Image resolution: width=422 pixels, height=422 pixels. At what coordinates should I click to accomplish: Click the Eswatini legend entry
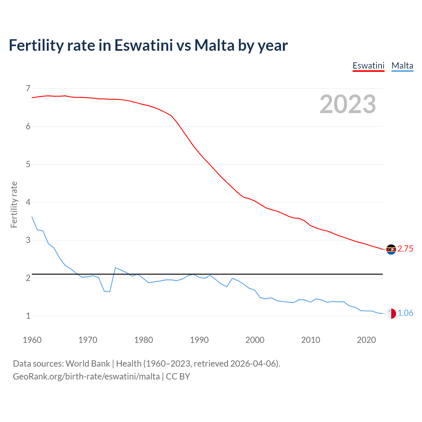[368, 66]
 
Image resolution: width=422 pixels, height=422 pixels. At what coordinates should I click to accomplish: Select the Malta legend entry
[402, 66]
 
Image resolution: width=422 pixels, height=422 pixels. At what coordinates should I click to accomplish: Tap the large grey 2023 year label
[347, 104]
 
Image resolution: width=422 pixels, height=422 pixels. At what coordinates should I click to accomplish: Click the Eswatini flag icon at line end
[391, 249]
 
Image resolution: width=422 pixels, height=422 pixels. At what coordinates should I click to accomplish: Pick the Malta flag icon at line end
[391, 314]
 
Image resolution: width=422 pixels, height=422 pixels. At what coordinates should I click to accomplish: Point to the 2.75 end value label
[405, 249]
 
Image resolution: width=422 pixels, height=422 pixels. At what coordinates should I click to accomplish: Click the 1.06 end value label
[405, 313]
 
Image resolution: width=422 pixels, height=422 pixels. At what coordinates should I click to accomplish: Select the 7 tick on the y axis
[28, 88]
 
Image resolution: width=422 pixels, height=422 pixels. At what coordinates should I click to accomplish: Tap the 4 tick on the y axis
[28, 202]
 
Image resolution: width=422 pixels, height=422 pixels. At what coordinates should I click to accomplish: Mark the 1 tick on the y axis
[28, 316]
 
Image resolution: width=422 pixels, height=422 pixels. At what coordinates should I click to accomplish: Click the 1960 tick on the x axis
[32, 340]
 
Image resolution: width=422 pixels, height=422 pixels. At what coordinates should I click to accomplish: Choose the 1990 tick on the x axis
[199, 340]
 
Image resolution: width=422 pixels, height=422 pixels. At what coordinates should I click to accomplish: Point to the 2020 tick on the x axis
[366, 340]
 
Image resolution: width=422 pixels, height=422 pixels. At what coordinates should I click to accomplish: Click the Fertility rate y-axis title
[14, 204]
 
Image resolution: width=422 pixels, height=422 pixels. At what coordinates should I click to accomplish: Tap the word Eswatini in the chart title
[143, 45]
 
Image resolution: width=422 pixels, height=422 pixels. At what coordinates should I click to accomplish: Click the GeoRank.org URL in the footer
[86, 377]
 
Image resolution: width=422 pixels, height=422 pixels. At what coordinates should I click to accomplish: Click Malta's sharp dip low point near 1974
[109, 291]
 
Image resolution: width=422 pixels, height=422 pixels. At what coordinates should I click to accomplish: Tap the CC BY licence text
[178, 377]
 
